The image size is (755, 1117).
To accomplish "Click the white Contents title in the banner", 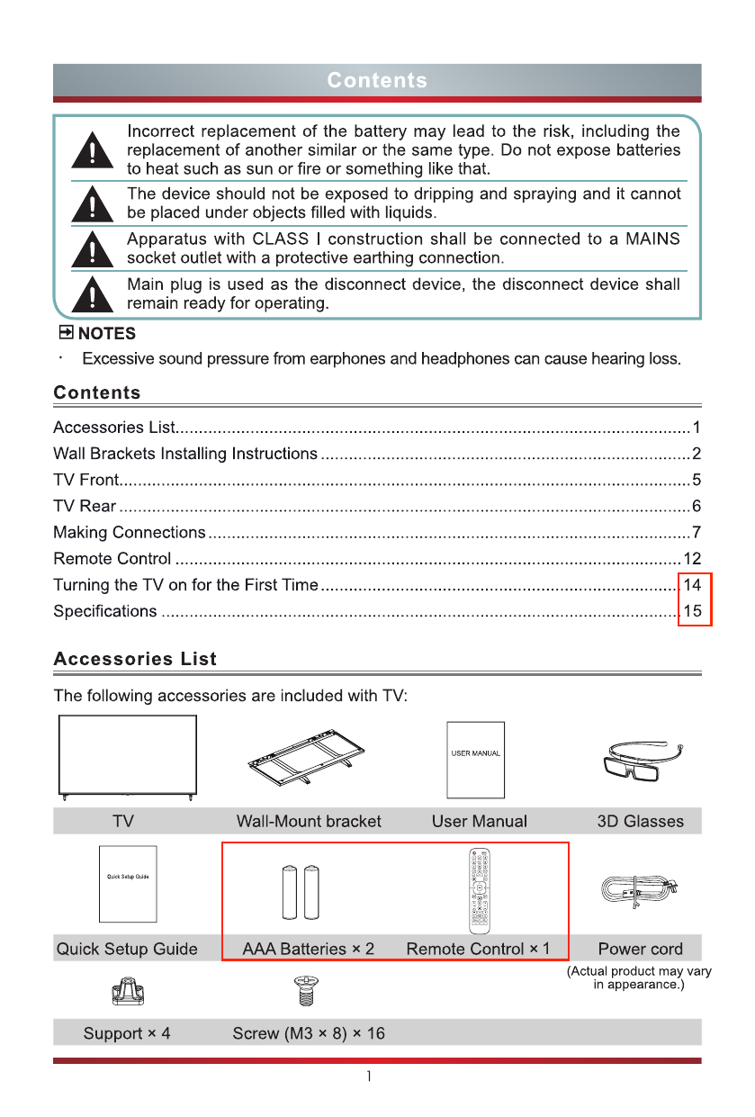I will click(377, 80).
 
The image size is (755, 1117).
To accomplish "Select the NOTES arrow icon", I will click(65, 333).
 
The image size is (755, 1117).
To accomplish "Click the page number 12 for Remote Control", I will click(692, 559).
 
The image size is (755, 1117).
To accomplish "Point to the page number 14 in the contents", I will click(692, 585).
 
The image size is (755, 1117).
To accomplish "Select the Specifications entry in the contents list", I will click(105, 611).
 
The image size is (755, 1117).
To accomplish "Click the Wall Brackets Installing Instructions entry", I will click(185, 454).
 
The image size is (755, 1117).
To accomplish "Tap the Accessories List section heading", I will click(135, 659).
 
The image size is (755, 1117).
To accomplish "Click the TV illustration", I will click(127, 756).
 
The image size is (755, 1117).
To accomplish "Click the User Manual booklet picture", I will click(476, 759).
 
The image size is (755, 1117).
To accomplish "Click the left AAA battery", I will click(292, 892).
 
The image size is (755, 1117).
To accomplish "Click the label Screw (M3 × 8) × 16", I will click(309, 1033).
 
